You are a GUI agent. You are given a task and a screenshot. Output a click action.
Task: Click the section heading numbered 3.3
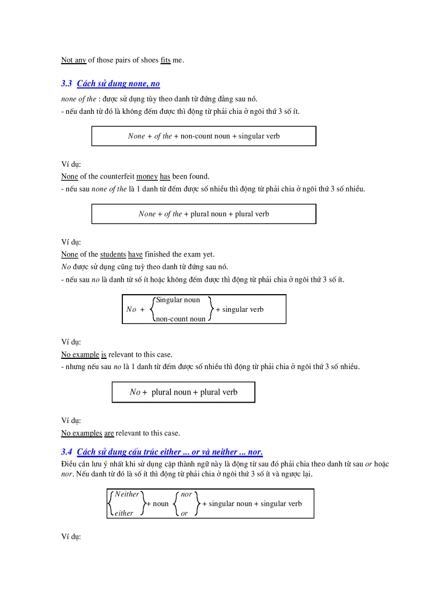(111, 84)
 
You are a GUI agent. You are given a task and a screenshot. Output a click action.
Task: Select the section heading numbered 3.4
(162, 452)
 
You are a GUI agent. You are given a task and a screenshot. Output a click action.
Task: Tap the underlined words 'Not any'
(74, 60)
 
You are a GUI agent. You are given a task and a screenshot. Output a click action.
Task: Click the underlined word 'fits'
(166, 60)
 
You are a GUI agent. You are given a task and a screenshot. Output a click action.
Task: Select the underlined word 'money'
(147, 176)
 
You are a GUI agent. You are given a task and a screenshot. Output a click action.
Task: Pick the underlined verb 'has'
(165, 176)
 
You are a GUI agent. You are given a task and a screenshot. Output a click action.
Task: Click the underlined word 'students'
(113, 254)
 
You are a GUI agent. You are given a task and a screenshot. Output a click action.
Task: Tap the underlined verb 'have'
(135, 254)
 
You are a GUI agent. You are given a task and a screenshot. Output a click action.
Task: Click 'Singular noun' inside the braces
(178, 300)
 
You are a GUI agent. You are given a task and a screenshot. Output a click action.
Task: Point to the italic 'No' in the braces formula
(131, 309)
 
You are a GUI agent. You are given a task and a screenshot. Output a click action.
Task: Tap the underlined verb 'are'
(109, 433)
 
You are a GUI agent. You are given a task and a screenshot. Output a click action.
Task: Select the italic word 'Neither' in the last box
(127, 494)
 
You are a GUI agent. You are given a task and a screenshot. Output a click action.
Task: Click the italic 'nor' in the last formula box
(187, 494)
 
